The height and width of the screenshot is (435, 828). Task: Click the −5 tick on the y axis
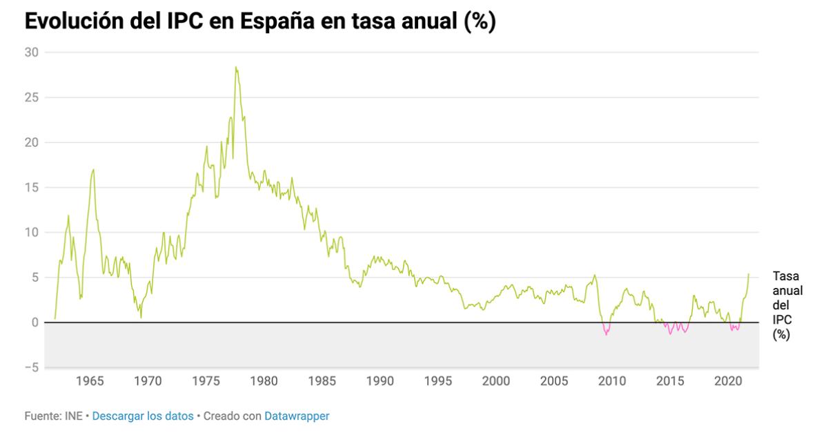32,367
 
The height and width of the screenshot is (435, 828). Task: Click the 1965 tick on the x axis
90,381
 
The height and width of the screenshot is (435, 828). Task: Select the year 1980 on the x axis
264,381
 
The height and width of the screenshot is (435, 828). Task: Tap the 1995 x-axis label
438,381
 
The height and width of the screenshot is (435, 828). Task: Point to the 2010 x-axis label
612,381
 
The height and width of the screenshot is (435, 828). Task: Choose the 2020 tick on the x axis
728,381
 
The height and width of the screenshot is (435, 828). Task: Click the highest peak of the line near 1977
235,67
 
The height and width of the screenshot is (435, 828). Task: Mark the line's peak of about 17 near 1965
93,169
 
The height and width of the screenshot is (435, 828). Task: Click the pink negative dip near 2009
606,334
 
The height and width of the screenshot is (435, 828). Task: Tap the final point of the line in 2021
749,274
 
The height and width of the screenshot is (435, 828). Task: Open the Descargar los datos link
143,416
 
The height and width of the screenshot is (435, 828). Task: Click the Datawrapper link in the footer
297,416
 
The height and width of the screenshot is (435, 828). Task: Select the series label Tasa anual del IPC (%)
787,304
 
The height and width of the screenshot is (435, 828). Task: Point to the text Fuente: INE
53,416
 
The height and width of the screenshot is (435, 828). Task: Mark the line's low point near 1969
141,317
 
